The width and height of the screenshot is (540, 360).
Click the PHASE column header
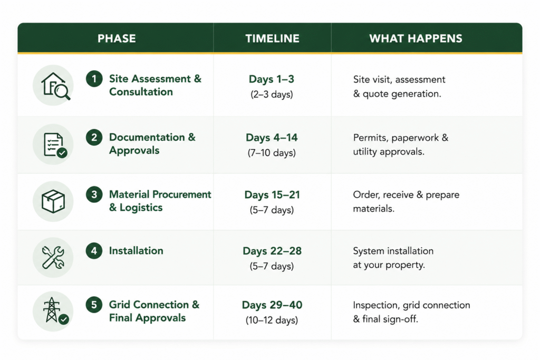(117, 38)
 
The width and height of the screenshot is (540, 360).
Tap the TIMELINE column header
(272, 38)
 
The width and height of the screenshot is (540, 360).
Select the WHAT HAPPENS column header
(416, 38)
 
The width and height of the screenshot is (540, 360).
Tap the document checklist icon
(55, 144)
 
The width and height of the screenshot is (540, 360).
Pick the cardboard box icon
(53, 201)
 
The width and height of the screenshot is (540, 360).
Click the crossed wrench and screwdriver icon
(53, 257)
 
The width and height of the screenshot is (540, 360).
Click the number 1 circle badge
(94, 79)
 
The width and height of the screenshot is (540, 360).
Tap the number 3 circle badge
(94, 194)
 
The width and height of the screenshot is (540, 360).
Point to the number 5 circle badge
(94, 305)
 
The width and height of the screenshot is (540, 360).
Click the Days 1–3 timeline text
(272, 79)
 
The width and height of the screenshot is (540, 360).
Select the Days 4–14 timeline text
(272, 138)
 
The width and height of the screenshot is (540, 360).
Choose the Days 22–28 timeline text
(272, 251)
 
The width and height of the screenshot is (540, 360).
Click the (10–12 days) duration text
(272, 320)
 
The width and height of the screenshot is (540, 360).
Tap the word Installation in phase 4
(136, 250)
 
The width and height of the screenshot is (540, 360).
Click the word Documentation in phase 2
(147, 137)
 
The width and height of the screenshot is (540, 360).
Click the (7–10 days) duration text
(272, 152)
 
